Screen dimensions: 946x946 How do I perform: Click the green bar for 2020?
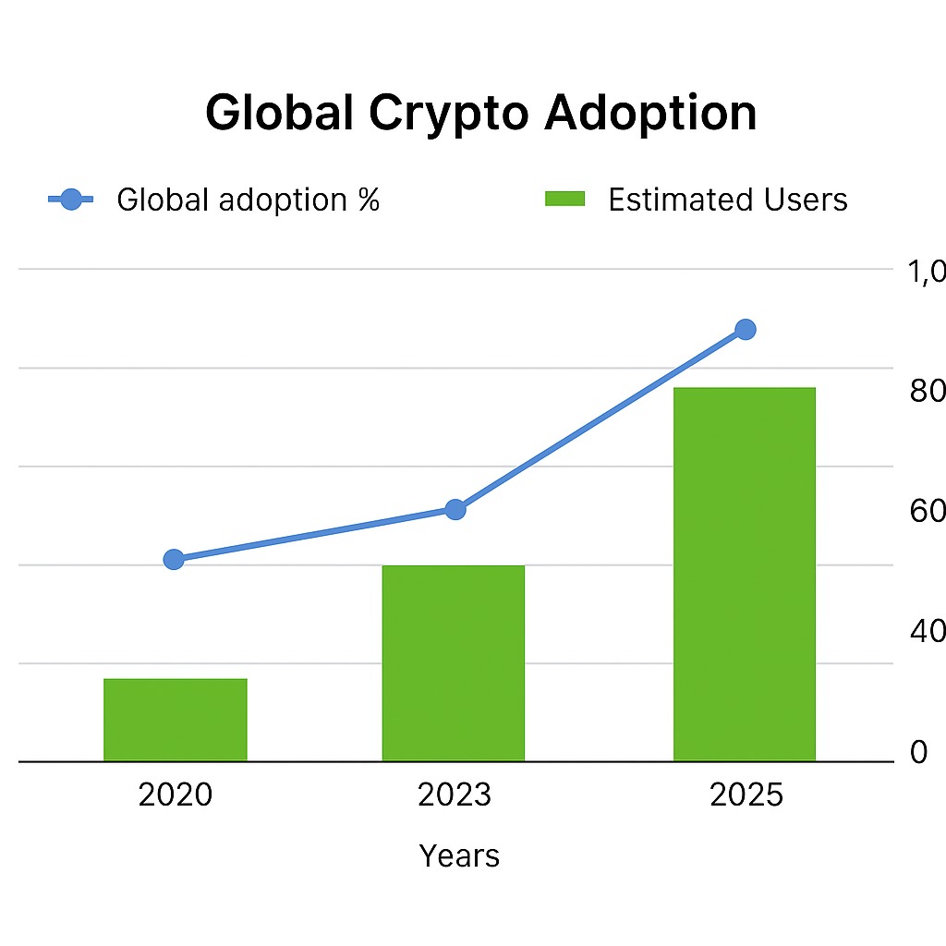[176, 720]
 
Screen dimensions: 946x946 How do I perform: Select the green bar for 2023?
[454, 663]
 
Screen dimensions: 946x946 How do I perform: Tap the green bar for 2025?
[745, 574]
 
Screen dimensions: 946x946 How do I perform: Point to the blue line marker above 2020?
[174, 559]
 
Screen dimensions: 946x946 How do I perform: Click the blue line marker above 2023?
[455, 509]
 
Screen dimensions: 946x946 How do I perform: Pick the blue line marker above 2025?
[746, 329]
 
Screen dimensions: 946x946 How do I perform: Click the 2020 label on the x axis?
[176, 794]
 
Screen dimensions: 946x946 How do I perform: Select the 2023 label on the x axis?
[455, 794]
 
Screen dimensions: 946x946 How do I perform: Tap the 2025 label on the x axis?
[746, 794]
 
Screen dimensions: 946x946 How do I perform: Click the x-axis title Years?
[459, 856]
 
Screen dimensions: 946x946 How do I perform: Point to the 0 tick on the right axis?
[918, 753]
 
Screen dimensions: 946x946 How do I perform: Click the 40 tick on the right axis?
[928, 632]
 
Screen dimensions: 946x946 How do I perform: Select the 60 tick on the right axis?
[928, 512]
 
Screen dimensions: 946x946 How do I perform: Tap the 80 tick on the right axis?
[928, 392]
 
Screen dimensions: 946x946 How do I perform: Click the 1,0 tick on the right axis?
[926, 272]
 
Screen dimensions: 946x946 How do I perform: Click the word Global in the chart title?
[278, 113]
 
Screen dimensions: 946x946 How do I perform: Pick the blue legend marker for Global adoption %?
[71, 199]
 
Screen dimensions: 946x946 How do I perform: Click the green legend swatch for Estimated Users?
[565, 199]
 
